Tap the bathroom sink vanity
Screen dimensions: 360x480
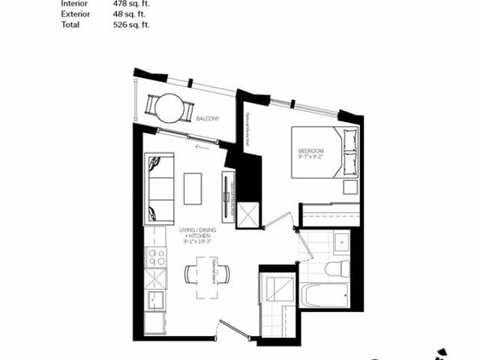point(341,241)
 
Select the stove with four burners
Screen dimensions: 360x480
point(157,257)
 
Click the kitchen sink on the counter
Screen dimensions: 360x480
point(156,301)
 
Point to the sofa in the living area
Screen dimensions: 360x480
point(159,188)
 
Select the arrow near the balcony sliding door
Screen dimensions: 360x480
point(200,146)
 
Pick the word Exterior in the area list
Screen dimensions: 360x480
point(73,13)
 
